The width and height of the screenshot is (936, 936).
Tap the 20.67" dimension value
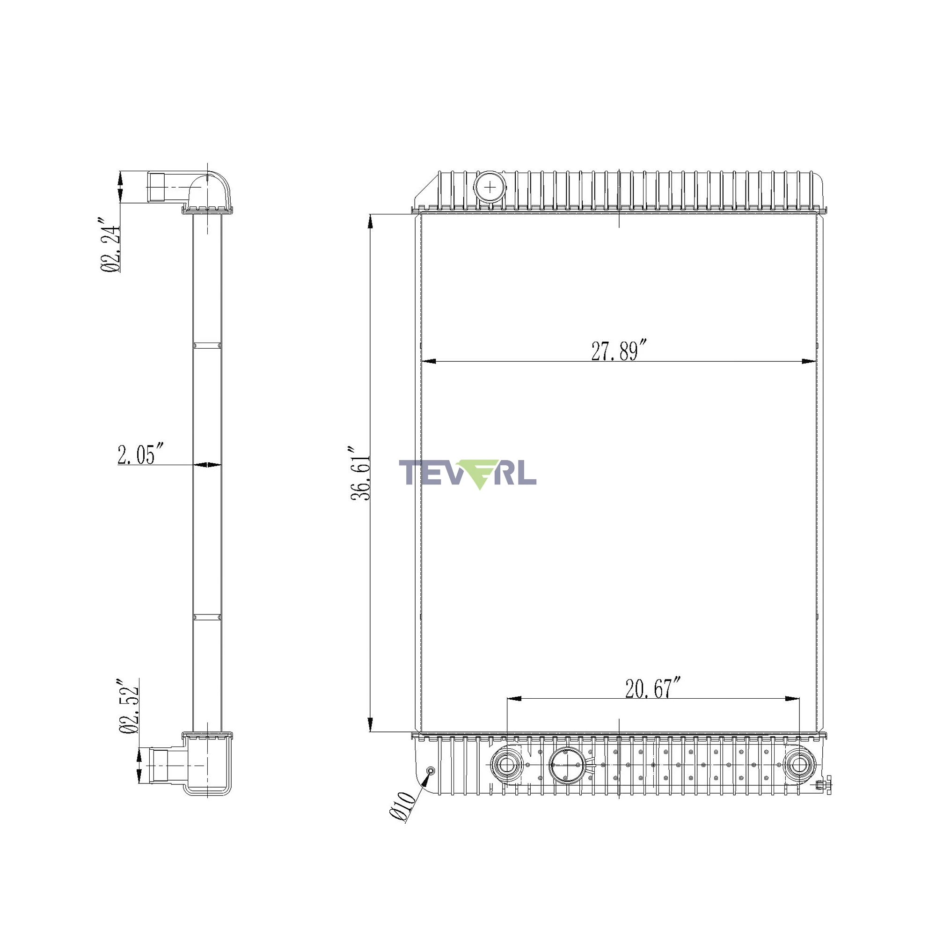[653, 688]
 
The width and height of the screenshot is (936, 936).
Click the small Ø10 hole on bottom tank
[430, 771]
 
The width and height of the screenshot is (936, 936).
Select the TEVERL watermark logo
[468, 473]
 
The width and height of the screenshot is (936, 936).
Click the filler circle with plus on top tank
[490, 187]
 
